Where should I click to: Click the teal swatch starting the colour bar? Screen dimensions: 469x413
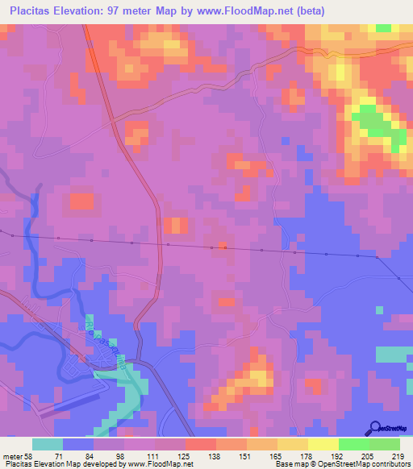pos(48,444)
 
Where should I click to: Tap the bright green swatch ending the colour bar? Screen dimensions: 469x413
pos(385,444)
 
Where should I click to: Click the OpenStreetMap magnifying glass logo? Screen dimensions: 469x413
pos(375,428)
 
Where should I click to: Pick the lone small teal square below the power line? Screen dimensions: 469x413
pos(378,309)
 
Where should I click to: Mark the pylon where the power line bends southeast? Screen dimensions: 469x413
pos(377,257)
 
